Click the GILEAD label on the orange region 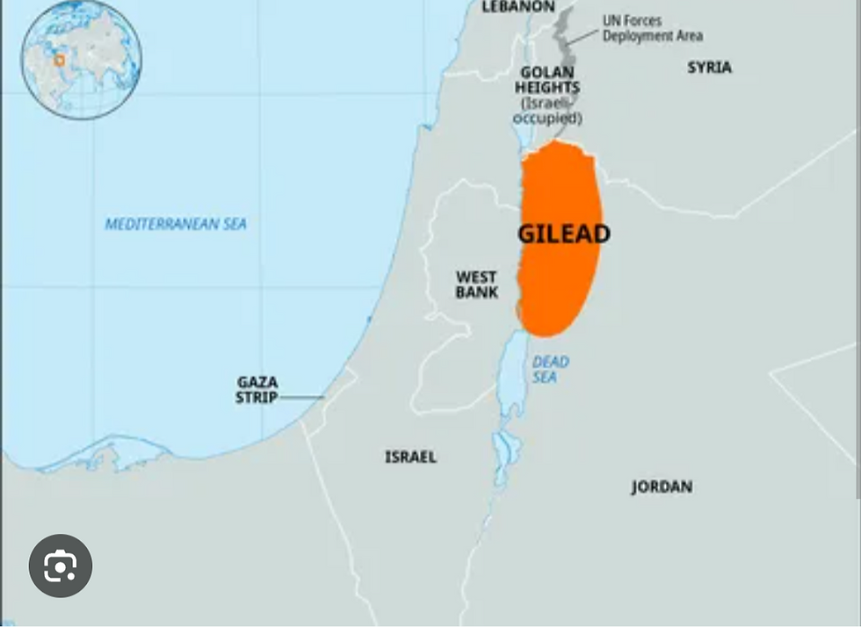[x=563, y=234]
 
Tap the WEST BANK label [x=476, y=285]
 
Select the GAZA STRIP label [x=257, y=390]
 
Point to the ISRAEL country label [x=410, y=457]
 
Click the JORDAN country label [x=662, y=486]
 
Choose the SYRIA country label [x=709, y=68]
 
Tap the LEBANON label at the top [x=518, y=7]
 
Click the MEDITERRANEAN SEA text [x=176, y=225]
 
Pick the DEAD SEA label [x=550, y=370]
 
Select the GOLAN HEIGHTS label [x=547, y=80]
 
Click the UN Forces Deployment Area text [x=652, y=28]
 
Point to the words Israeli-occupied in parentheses [x=547, y=111]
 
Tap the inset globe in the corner [x=81, y=59]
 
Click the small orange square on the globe [x=60, y=61]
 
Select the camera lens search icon [x=60, y=566]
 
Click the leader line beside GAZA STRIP [x=302, y=398]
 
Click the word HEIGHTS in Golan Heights [x=547, y=88]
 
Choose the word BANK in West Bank [x=476, y=292]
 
